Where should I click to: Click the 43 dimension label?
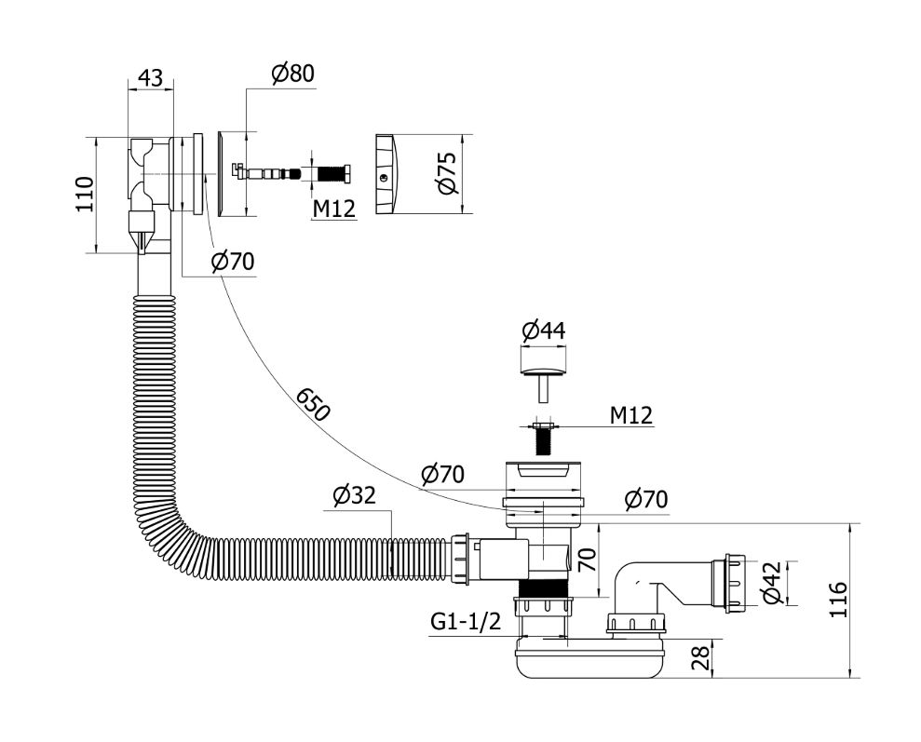coord(150,77)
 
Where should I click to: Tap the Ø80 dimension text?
coord(292,74)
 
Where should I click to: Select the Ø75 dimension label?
coord(446,173)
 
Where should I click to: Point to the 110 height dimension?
coord(84,195)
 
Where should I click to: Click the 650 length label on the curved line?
coord(313,404)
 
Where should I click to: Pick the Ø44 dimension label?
coord(543,331)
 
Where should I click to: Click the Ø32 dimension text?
coord(354,496)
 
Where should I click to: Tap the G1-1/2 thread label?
coord(466,621)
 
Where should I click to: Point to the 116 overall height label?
coord(837,600)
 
